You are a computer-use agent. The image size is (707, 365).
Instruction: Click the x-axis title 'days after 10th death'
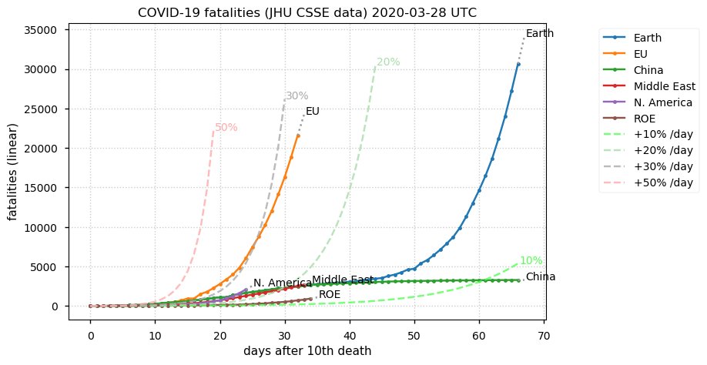click(x=307, y=351)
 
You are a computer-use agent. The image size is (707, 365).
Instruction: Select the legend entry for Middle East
click(x=664, y=86)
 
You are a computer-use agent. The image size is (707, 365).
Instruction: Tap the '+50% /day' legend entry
click(x=663, y=182)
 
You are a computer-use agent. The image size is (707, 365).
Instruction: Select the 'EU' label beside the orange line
click(x=312, y=112)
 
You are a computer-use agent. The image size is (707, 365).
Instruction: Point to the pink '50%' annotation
click(x=226, y=128)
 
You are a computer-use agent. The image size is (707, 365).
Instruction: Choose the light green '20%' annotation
click(x=388, y=62)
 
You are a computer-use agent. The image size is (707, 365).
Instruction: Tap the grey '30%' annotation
click(x=297, y=96)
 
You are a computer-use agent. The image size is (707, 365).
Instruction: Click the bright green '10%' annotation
click(x=531, y=261)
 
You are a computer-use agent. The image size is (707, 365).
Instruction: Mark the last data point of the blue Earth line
click(x=518, y=65)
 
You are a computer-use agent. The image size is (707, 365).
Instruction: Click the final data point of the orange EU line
click(x=298, y=136)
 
